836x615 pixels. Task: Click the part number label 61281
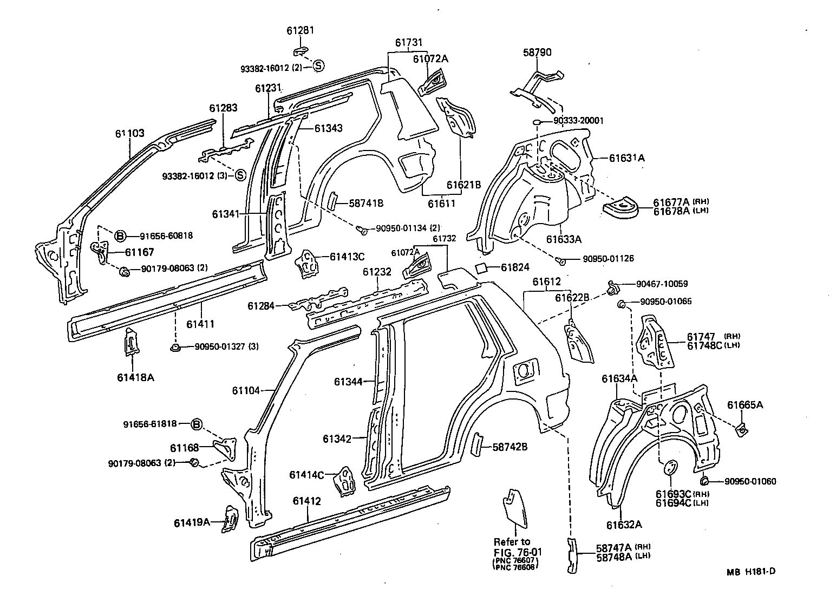coord(300,31)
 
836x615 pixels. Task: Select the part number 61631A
coord(626,158)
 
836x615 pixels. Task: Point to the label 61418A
coord(135,377)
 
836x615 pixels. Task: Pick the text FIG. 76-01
coord(518,552)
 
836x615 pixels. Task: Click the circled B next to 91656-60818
coord(120,235)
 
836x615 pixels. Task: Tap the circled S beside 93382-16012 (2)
coord(318,66)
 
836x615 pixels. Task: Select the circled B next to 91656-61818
coord(197,424)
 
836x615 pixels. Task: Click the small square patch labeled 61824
coord(481,268)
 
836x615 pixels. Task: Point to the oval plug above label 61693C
coord(670,467)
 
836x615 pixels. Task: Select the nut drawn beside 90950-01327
coord(175,347)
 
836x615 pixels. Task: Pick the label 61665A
coord(745,405)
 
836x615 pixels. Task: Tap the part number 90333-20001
coord(578,121)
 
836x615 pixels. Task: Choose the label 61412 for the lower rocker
coord(306,501)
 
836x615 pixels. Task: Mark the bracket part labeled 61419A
coord(230,520)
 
